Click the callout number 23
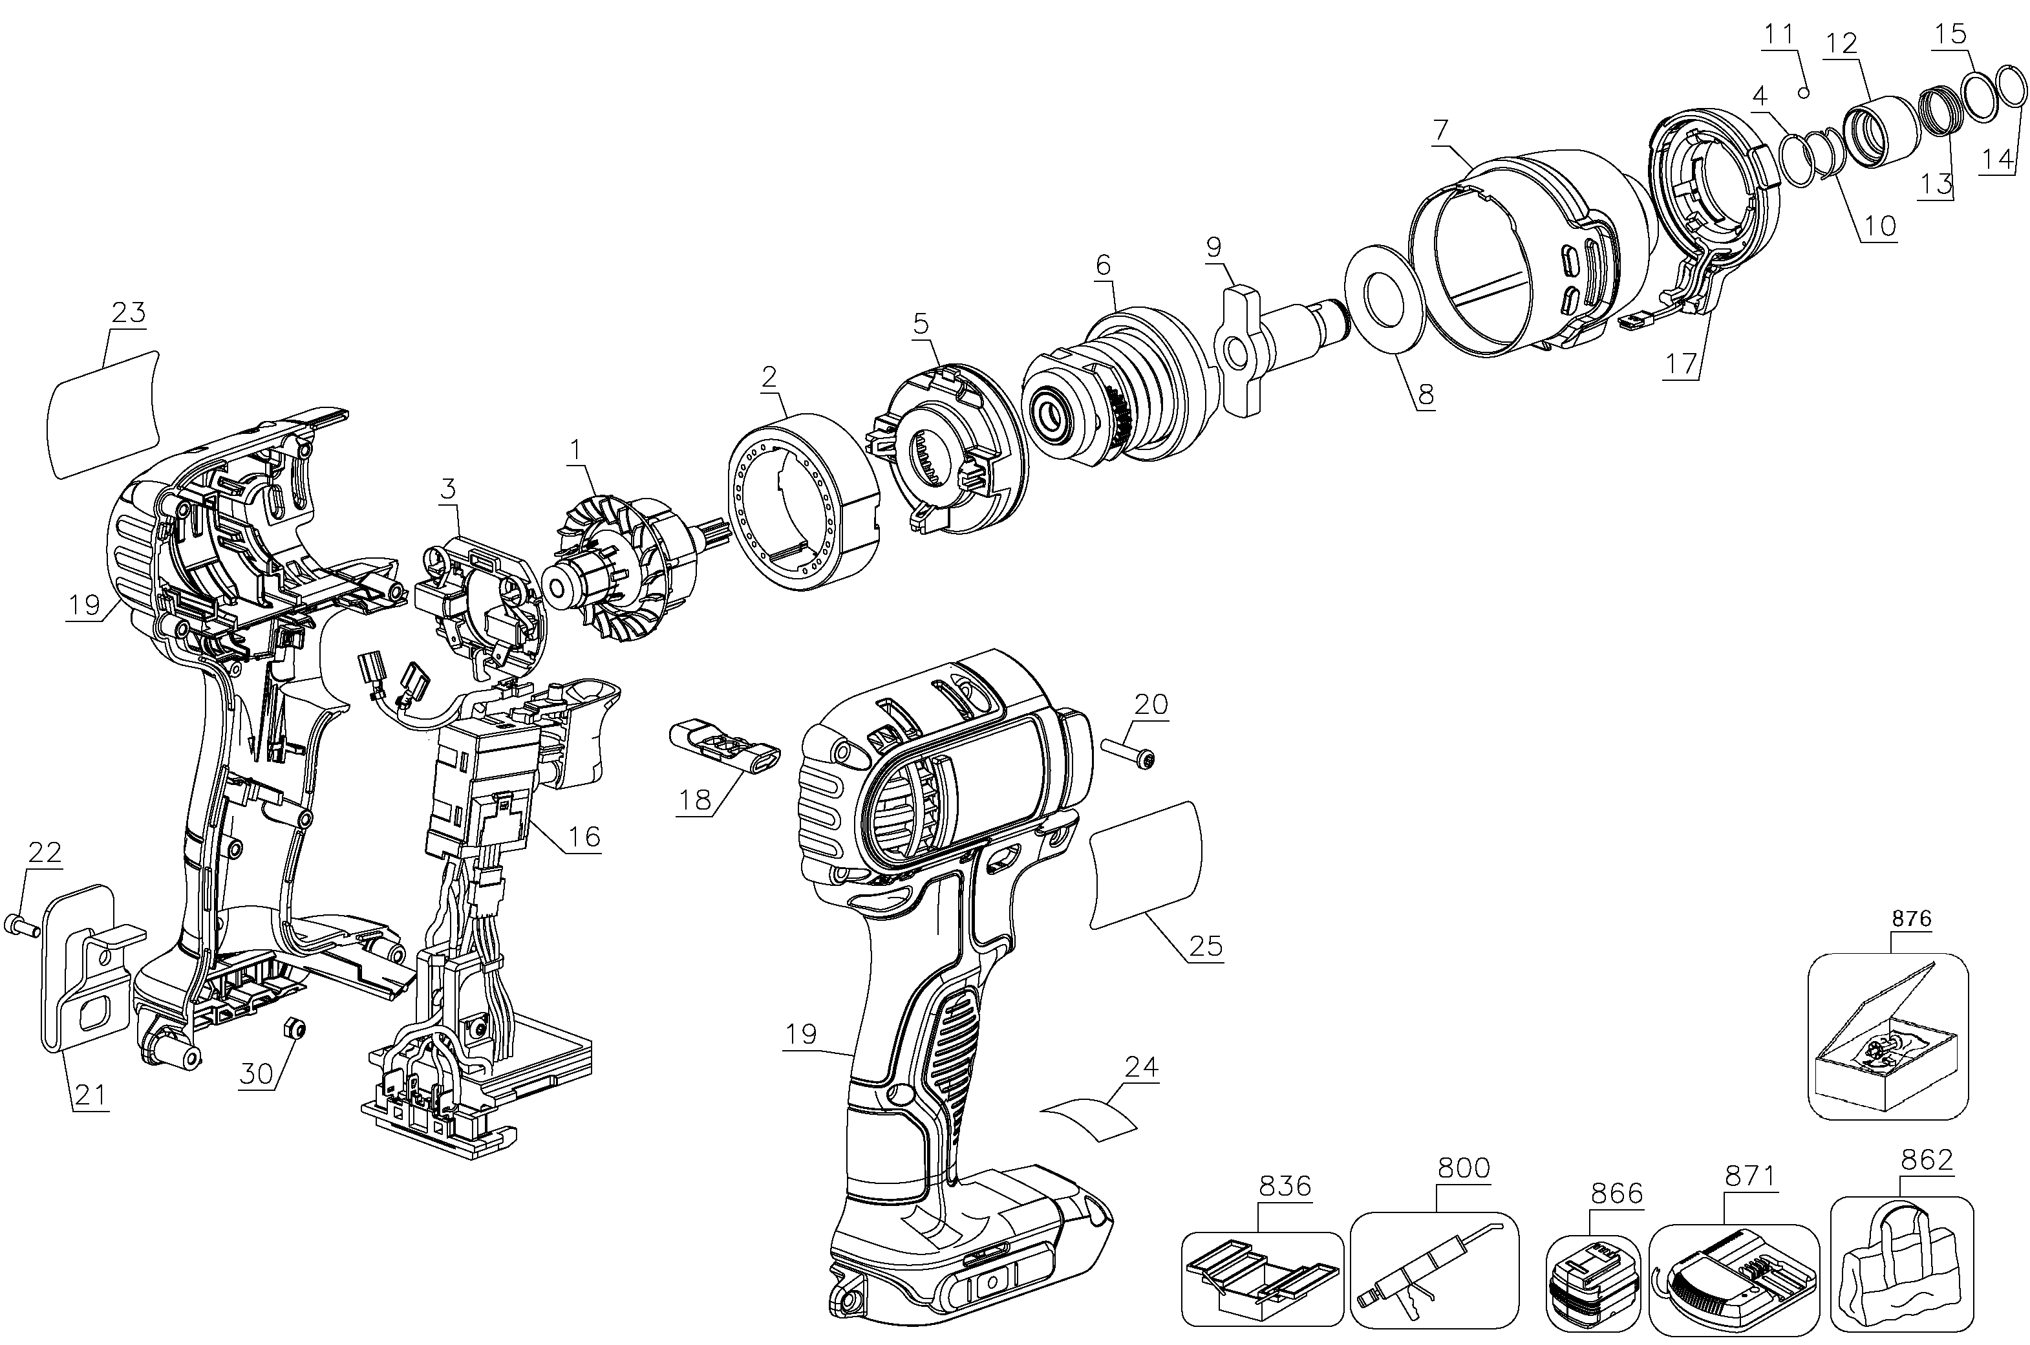coord(129,312)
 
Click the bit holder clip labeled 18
coord(725,748)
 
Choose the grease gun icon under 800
coord(1434,1269)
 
